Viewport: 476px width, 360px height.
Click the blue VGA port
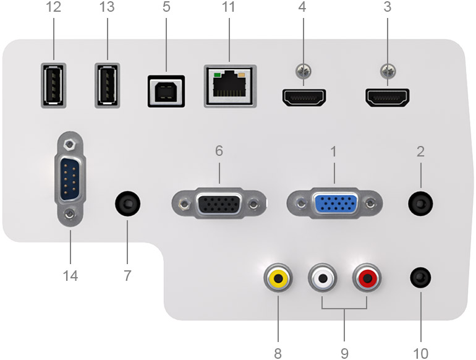point(335,204)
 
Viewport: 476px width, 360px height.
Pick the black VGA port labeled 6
point(219,204)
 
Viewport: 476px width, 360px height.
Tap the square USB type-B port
point(166,92)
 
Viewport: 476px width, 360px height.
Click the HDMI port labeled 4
point(304,97)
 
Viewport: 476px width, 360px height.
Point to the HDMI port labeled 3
point(388,97)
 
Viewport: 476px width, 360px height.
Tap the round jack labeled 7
point(128,203)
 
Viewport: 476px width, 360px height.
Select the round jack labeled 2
point(420,203)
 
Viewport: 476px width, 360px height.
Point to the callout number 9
point(344,353)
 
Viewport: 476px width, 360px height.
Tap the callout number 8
point(278,353)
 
